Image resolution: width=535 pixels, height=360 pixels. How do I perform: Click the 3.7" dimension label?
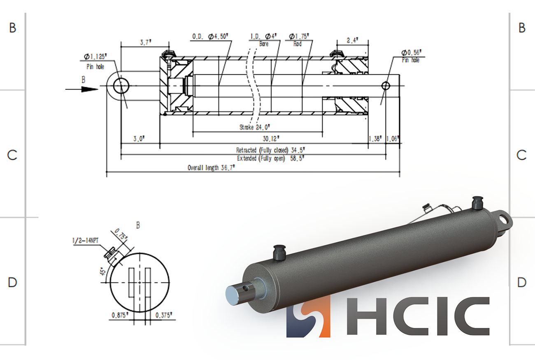[145, 42]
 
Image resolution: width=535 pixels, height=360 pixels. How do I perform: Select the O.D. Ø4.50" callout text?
[210, 37]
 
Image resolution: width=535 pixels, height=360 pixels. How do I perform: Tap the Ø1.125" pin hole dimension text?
[95, 57]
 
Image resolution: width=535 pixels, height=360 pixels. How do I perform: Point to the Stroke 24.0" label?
[255, 127]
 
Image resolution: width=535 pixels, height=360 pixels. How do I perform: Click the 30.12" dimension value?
[271, 139]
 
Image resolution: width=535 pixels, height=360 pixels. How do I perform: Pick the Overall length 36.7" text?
[211, 167]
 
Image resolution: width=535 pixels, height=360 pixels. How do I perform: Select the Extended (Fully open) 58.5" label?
[271, 158]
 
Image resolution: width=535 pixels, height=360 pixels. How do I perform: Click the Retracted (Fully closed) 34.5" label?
[270, 150]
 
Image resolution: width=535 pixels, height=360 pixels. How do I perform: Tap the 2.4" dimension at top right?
[352, 40]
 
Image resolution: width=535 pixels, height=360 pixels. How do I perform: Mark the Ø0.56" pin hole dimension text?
[411, 53]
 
